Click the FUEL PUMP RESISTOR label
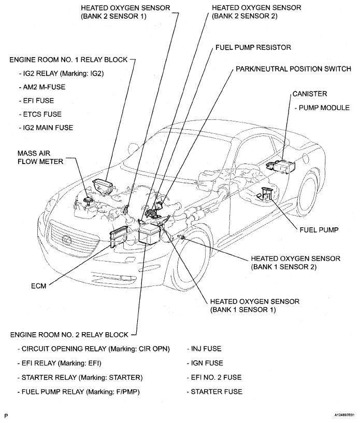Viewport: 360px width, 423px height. (x=253, y=47)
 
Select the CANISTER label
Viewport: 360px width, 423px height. (x=309, y=94)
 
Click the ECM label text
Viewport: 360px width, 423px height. (x=39, y=286)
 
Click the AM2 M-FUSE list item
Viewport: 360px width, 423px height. (x=44, y=87)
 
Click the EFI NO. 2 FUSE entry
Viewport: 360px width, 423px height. (x=213, y=377)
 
